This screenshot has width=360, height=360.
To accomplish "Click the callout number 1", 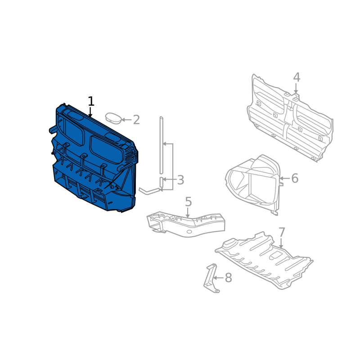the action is [x=91, y=101].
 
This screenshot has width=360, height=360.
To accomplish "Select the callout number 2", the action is [x=136, y=120].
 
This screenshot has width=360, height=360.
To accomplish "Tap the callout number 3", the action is [x=181, y=180].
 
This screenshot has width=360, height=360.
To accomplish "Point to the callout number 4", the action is [x=297, y=77].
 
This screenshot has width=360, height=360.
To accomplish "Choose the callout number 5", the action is [x=188, y=202].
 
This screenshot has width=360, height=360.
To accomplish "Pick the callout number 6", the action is [x=295, y=178].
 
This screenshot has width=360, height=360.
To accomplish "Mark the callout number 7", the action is [x=282, y=233].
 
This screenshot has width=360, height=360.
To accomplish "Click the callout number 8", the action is [x=228, y=278].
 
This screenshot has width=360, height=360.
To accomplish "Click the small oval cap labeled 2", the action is [x=113, y=118].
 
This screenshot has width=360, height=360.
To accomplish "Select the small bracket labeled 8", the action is [x=211, y=279].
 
